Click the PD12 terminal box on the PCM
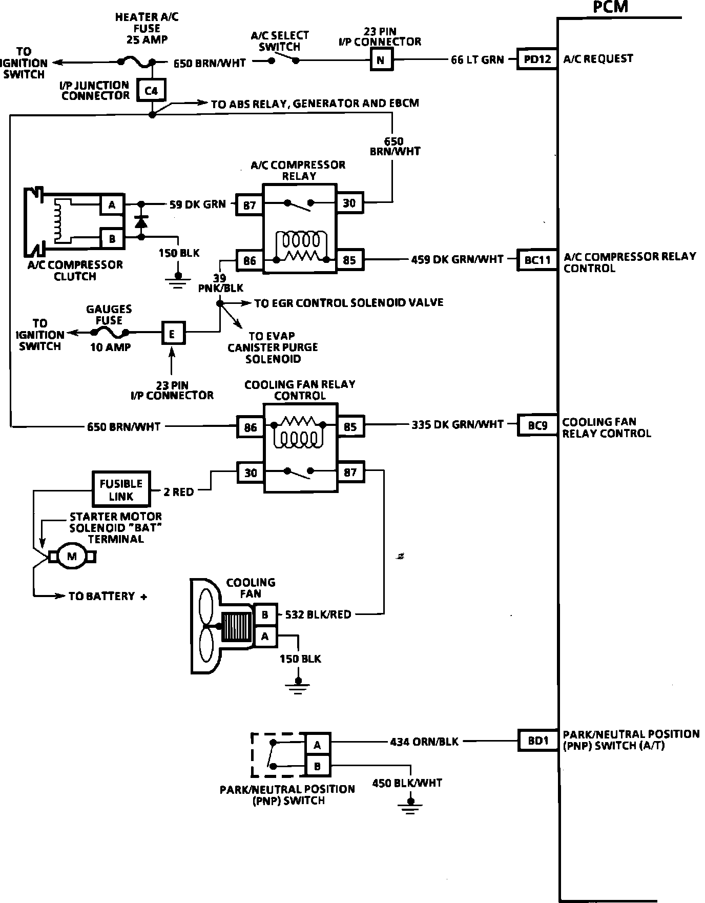pos(537,59)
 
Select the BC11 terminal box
pos(537,260)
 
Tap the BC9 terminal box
pos(537,425)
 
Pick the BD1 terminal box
pos(537,741)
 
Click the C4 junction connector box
pos(151,91)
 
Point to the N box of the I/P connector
pos(380,60)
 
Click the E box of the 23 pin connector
pos(172,335)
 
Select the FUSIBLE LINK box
pos(121,489)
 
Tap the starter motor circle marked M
pos(72,557)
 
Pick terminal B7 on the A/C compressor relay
pos(250,205)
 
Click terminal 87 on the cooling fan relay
pos(350,472)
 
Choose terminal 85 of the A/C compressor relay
pos(349,260)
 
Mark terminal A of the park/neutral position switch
pos(318,745)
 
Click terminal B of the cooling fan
pos(265,614)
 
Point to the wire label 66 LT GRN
pos(477,59)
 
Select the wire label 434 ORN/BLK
pos(424,741)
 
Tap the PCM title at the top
pos(610,7)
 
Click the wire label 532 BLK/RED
pos(318,614)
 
